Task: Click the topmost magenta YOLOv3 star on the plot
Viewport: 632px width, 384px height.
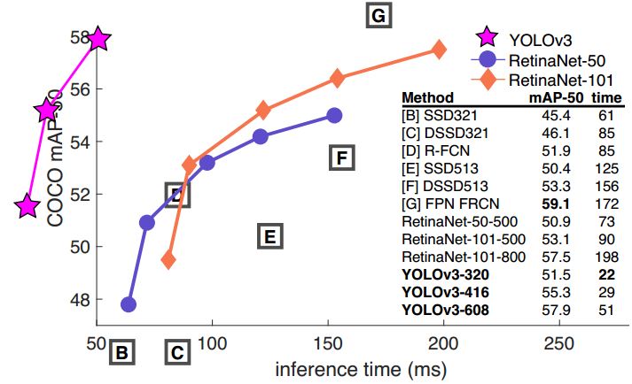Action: pyautogui.click(x=98, y=39)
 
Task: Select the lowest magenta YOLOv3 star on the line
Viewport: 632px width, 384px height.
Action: pyautogui.click(x=28, y=206)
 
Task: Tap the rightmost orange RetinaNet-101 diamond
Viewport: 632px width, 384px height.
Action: pyautogui.click(x=439, y=50)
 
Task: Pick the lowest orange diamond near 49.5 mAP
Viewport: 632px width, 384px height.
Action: pyautogui.click(x=168, y=260)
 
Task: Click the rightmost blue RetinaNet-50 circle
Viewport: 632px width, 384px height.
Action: pyautogui.click(x=334, y=115)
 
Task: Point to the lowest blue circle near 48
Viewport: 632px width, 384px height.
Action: pyautogui.click(x=129, y=304)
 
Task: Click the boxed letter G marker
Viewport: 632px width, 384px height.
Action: pyautogui.click(x=378, y=16)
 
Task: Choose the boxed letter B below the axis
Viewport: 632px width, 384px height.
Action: pyautogui.click(x=122, y=354)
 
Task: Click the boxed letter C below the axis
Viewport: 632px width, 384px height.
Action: pyautogui.click(x=177, y=354)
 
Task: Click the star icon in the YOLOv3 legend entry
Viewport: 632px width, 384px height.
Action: pyautogui.click(x=485, y=37)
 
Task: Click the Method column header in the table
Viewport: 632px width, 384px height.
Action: pyautogui.click(x=428, y=96)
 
